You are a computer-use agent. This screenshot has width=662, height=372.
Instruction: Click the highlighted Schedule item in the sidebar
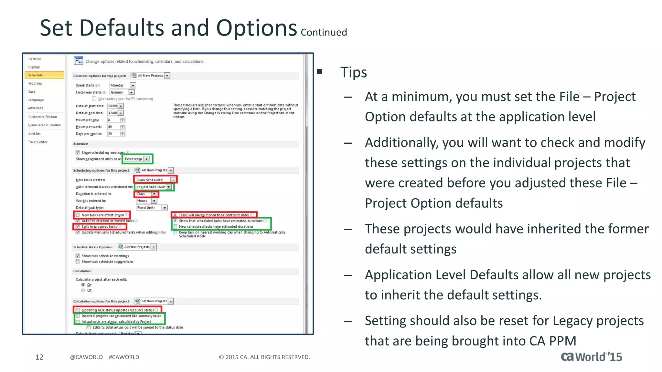coord(44,75)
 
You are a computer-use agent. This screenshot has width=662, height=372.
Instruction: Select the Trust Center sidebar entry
coord(38,142)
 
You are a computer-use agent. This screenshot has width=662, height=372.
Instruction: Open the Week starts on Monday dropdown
coord(123,85)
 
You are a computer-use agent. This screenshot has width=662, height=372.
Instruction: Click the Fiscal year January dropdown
coord(122,92)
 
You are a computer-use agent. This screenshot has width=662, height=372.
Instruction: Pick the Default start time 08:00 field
coord(115,106)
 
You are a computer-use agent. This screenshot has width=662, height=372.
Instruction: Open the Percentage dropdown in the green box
coord(137,159)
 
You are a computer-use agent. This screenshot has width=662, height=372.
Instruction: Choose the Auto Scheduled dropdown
coord(155,180)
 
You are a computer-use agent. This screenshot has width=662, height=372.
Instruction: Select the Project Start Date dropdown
coord(154,187)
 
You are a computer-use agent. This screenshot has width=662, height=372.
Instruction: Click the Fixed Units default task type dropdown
coord(151,208)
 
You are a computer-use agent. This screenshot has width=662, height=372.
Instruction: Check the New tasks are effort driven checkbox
coord(78,215)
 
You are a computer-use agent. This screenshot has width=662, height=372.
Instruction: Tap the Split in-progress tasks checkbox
coord(78,227)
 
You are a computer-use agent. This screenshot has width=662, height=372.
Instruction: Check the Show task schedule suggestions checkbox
coord(78,262)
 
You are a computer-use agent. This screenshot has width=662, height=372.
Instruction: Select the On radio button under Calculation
coord(83,285)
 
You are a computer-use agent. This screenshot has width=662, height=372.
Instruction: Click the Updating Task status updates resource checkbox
coord(78,310)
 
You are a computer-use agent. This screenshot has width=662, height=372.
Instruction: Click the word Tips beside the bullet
coord(353,72)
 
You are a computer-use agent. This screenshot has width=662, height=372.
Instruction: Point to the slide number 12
coord(39,357)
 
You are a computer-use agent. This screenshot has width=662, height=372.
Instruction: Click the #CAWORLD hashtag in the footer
coord(124,357)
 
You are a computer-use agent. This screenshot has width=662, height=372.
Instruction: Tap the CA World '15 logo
coord(591,357)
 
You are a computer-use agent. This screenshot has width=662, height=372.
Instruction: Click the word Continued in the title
coord(324,33)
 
